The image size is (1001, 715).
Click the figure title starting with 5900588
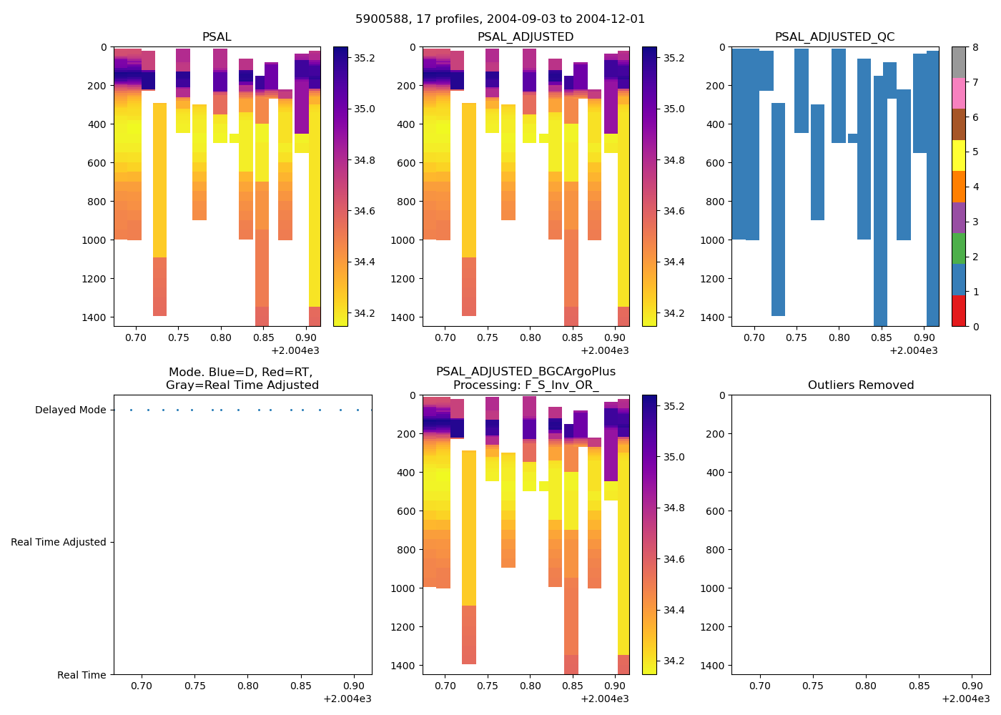[500, 19]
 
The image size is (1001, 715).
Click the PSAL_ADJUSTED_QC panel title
[834, 37]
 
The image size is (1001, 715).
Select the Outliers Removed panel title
[861, 385]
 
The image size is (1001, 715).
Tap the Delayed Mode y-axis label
[70, 410]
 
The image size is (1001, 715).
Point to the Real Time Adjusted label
[58, 543]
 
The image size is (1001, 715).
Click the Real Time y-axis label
[82, 675]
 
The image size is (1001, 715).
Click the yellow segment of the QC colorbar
[958, 155]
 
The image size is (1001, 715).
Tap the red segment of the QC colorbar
[958, 311]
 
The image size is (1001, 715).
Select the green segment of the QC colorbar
[958, 248]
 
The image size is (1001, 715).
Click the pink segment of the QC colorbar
[958, 93]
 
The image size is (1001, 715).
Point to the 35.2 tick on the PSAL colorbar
[365, 58]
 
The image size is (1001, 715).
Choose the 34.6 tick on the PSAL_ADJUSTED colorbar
[674, 212]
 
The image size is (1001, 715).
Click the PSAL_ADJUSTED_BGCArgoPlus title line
[526, 372]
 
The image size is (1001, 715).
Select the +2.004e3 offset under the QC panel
[913, 350]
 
